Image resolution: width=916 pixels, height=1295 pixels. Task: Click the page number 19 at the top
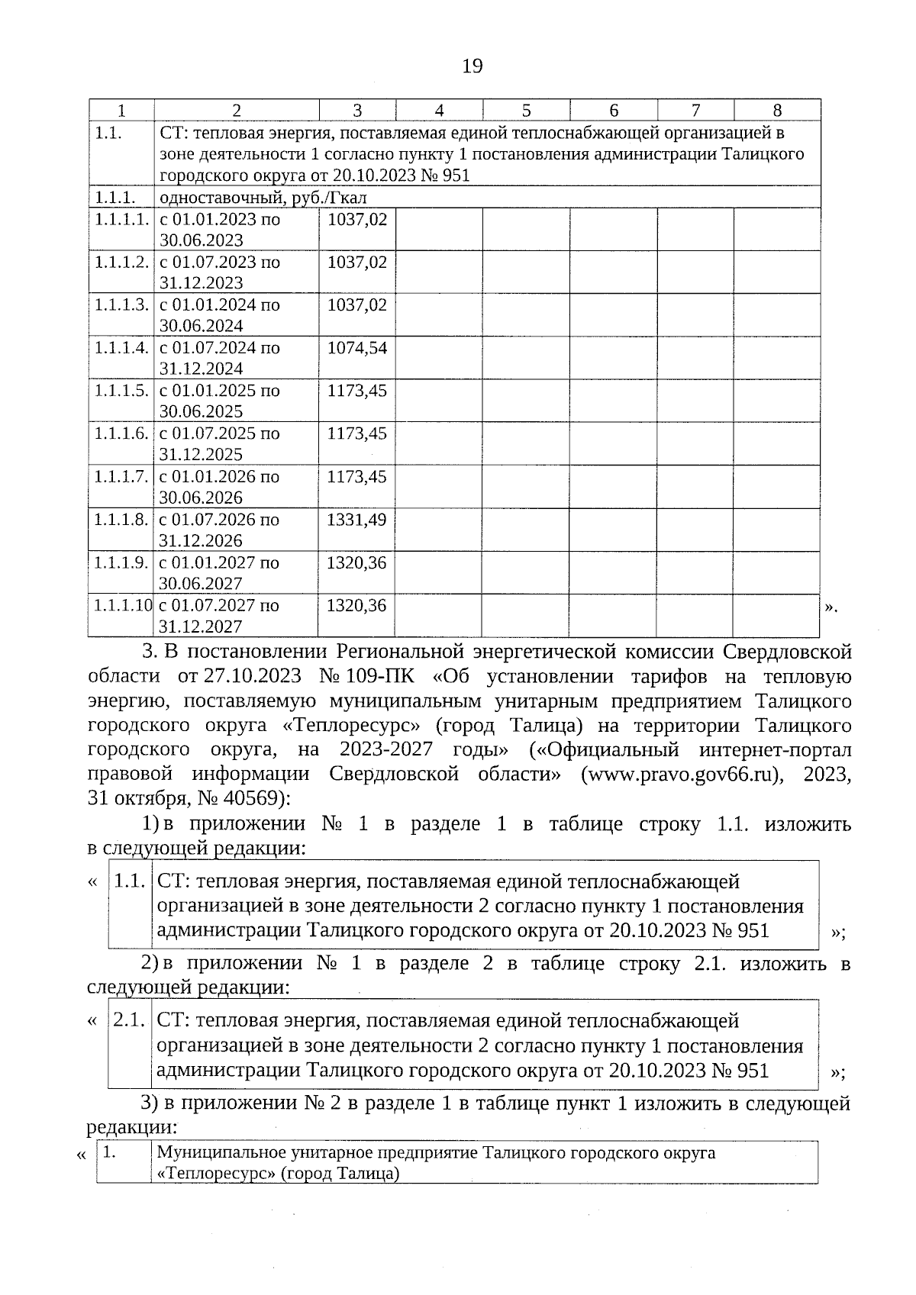pyautogui.click(x=473, y=66)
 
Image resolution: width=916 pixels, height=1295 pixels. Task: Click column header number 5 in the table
pyautogui.click(x=526, y=110)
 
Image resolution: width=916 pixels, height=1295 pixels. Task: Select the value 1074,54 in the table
pyautogui.click(x=356, y=348)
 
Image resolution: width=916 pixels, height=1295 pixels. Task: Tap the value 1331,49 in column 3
pyautogui.click(x=356, y=520)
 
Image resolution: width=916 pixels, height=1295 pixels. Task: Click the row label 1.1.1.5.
pyautogui.click(x=121, y=391)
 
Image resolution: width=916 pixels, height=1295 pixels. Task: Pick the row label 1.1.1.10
pyautogui.click(x=122, y=605)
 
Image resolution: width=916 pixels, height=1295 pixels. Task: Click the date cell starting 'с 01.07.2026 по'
pyautogui.click(x=220, y=530)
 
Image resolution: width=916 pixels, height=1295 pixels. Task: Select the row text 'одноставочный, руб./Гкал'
pyautogui.click(x=263, y=198)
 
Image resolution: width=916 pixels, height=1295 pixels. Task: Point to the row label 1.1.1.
pyautogui.click(x=115, y=198)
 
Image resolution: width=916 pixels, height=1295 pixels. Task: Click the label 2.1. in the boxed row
pyautogui.click(x=130, y=1020)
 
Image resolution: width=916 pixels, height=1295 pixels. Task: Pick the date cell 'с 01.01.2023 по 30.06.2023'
pyautogui.click(x=220, y=230)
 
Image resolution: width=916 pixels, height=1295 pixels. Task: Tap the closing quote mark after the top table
pyautogui.click(x=831, y=607)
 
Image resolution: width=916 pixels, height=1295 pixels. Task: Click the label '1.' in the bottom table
pyautogui.click(x=110, y=1152)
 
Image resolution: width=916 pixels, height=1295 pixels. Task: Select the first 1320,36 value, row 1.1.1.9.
pyautogui.click(x=356, y=562)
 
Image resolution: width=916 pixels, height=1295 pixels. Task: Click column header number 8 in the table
pyautogui.click(x=777, y=110)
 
